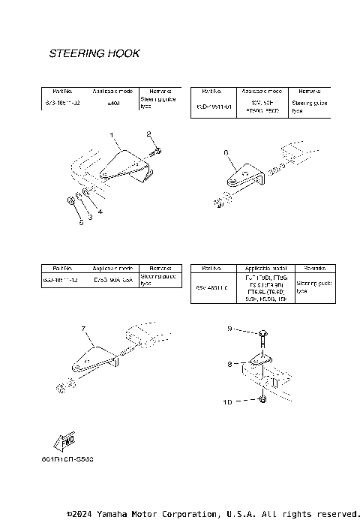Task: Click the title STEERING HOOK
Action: click(94, 54)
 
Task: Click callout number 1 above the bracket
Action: click(112, 135)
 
